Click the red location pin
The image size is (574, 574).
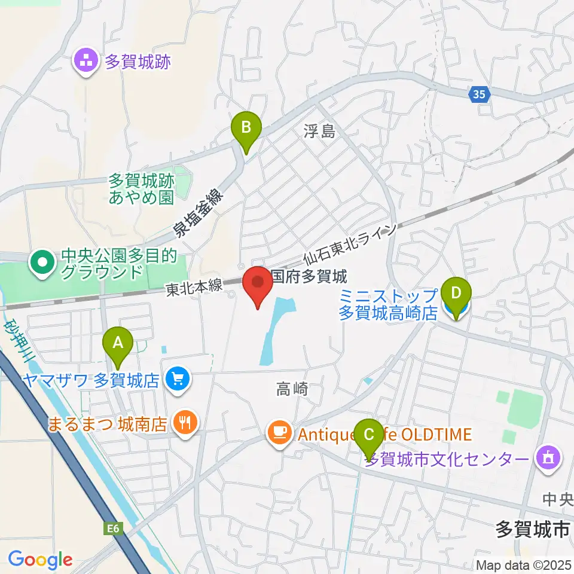tap(258, 285)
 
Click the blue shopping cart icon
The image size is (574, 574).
tap(178, 380)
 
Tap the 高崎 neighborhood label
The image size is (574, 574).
tap(292, 390)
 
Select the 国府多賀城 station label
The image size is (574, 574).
tap(309, 277)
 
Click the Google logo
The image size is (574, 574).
tap(40, 560)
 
